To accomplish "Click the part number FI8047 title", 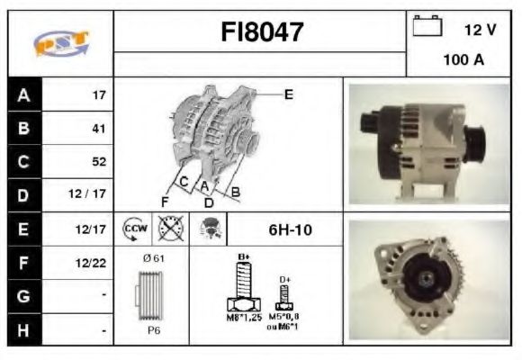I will [262, 32].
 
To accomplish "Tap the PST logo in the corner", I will [60, 43].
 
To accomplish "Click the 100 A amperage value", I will [463, 60].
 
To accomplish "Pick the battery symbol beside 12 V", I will [426, 28].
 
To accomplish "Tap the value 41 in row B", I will [99, 129].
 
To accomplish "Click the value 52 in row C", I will [99, 162].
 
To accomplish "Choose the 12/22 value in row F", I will [94, 263].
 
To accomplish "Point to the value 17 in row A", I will [100, 94].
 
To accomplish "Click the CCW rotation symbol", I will [134, 229].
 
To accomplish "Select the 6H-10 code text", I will [290, 230].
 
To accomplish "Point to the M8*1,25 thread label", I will [242, 319].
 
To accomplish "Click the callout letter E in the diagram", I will [289, 94].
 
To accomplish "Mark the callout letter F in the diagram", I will [165, 201].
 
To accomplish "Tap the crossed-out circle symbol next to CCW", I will [169, 229].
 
